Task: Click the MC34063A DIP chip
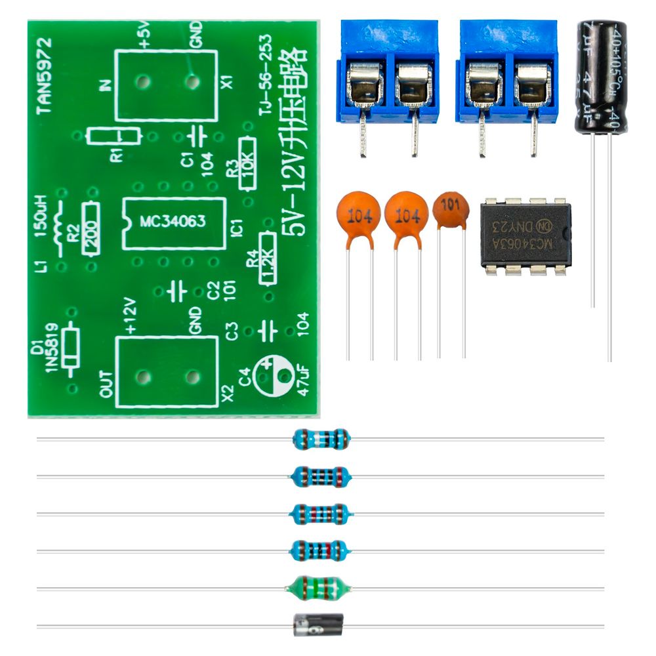coord(525,235)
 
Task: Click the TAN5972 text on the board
coord(44,75)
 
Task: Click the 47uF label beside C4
coord(303,381)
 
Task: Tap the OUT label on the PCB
coord(107,382)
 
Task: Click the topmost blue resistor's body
coord(321,439)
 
